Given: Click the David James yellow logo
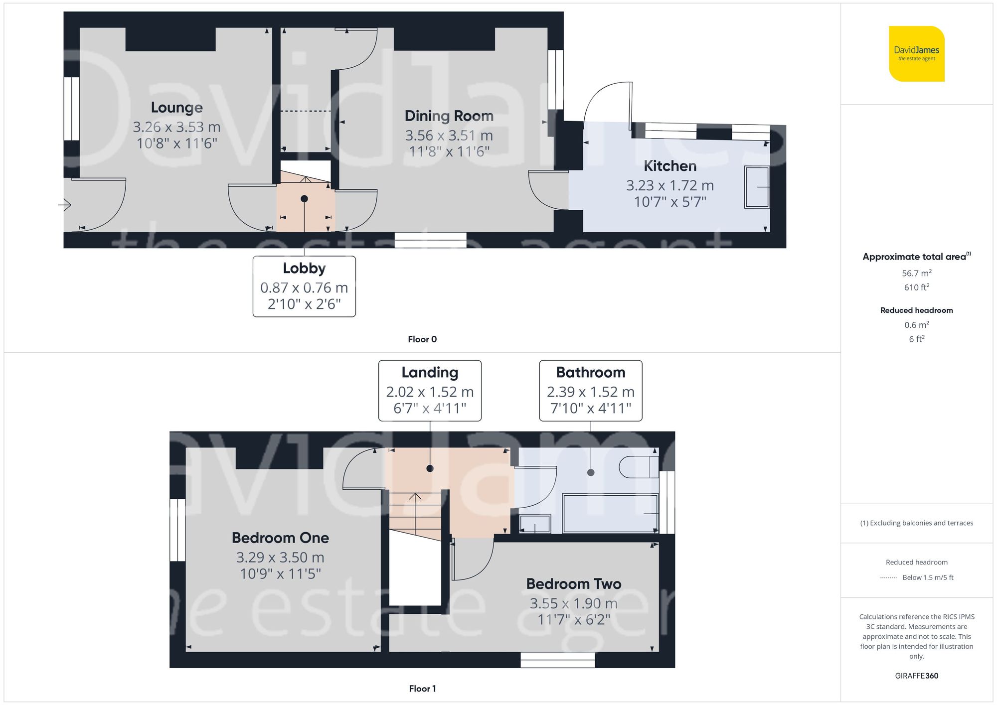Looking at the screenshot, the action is tap(916, 54).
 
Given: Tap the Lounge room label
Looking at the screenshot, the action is tap(177, 108).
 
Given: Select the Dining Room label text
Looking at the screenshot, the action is tap(449, 116).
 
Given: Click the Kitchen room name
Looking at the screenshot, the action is tap(670, 166).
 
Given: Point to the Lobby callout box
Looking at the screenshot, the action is tap(304, 286).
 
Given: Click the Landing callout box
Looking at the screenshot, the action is tap(430, 391).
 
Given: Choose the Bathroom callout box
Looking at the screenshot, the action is tap(591, 391).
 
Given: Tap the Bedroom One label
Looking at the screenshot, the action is tap(280, 538).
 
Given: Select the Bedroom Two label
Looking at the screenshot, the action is tap(574, 584).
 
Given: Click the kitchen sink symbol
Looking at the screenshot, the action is tap(757, 187).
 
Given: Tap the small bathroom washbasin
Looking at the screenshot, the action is tap(535, 524).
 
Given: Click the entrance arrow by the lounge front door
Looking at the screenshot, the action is tap(65, 204).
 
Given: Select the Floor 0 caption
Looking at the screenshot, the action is tap(422, 339).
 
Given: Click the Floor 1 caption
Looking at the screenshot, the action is tap(422, 689).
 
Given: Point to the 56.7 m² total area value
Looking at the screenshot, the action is tap(917, 273).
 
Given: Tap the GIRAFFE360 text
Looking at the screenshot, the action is tap(917, 676).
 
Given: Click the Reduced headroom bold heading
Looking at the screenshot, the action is tap(917, 310).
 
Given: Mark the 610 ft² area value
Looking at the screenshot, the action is tap(917, 287).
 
